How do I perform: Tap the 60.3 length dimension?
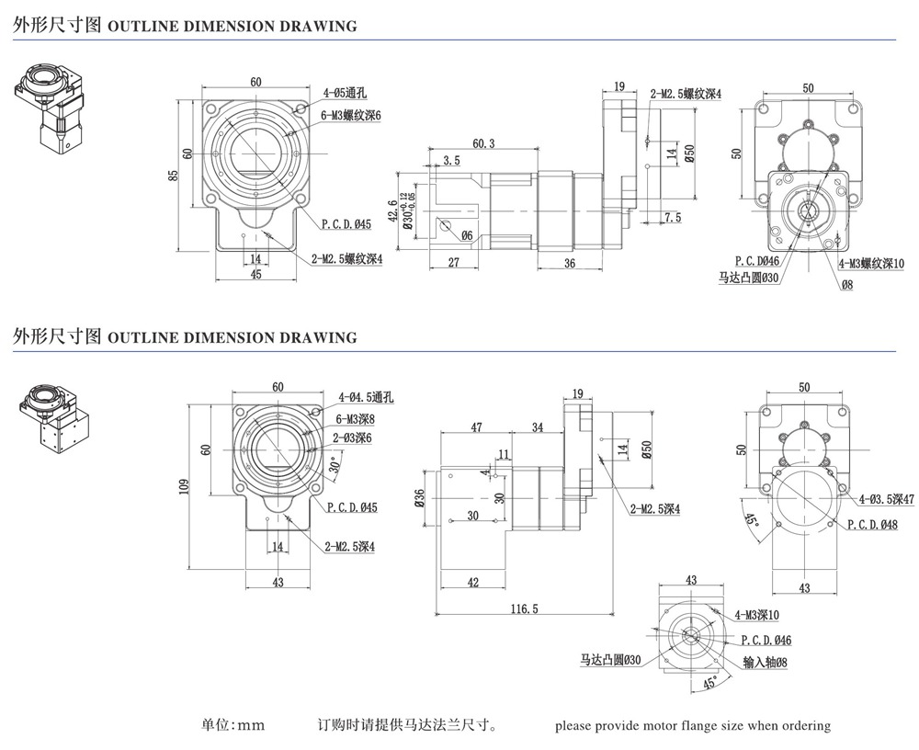482,143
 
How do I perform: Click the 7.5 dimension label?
672,218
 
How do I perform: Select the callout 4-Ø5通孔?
345,93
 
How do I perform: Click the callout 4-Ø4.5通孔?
366,397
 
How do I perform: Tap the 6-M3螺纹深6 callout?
350,115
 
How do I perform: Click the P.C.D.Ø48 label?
872,524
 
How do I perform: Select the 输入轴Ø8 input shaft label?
765,662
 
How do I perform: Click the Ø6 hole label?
468,236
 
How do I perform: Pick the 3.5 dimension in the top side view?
451,161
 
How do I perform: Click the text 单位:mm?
233,725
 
